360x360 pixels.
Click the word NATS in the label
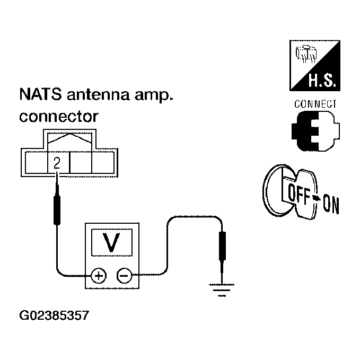click(x=41, y=94)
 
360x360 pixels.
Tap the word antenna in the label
click(x=98, y=94)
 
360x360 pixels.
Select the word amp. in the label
click(x=154, y=95)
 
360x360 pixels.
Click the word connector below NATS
click(x=59, y=117)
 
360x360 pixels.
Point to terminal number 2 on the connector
click(x=57, y=163)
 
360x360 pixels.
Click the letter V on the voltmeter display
click(x=111, y=242)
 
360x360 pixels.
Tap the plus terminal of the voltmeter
click(x=99, y=276)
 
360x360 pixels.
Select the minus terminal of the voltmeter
click(x=125, y=276)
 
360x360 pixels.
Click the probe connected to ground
click(x=222, y=255)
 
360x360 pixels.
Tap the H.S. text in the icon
click(x=322, y=81)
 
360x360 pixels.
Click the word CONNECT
click(x=315, y=104)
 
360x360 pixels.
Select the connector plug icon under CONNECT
click(x=315, y=131)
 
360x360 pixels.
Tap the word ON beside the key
click(x=331, y=204)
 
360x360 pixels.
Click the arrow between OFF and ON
click(x=317, y=198)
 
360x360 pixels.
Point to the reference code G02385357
click(x=54, y=315)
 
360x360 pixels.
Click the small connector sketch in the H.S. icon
click(x=306, y=54)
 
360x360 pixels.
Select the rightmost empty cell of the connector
click(x=103, y=162)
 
